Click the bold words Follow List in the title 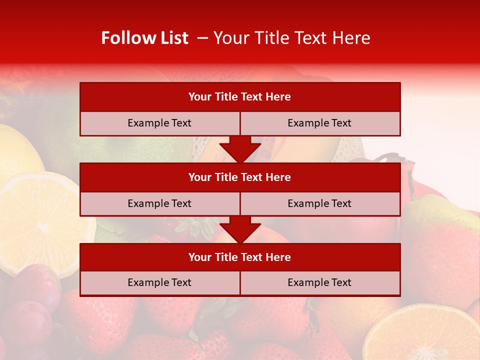[x=144, y=38]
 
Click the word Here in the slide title [x=353, y=38]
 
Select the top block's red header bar [x=240, y=97]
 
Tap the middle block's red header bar [x=240, y=177]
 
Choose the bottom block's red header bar [x=240, y=257]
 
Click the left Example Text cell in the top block [x=159, y=123]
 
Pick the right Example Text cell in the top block [x=319, y=123]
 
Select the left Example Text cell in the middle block [x=159, y=203]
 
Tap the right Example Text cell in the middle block [x=319, y=203]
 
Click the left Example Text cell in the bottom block [x=159, y=282]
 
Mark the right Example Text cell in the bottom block [x=319, y=282]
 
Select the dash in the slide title [x=202, y=38]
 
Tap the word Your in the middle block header [x=200, y=177]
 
